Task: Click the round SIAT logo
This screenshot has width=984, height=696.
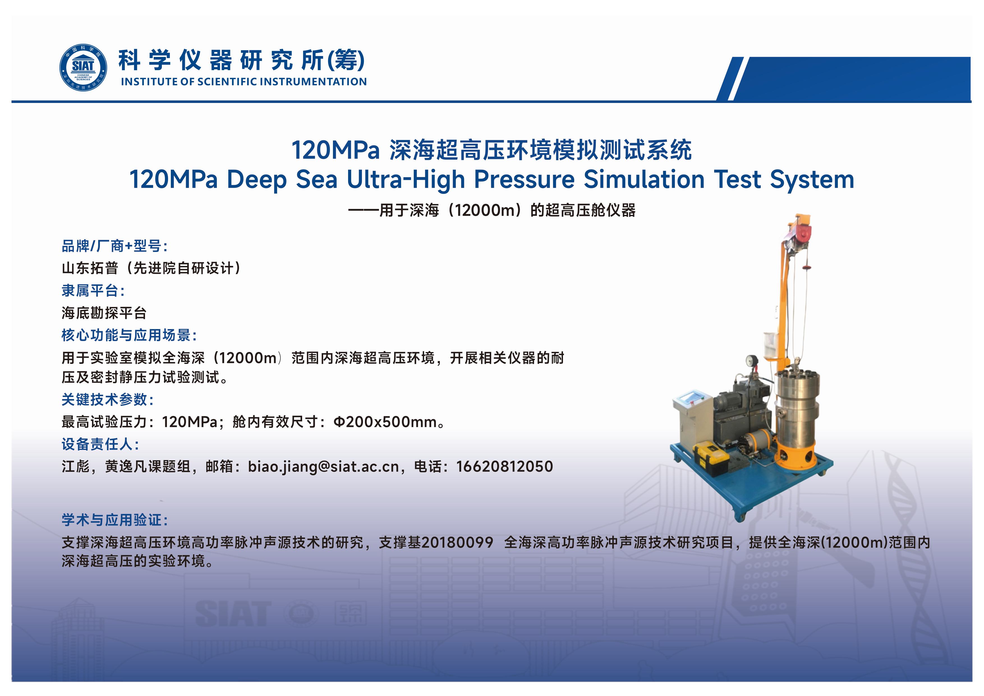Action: coord(83,68)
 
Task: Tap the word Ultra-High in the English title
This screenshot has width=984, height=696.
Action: coord(405,179)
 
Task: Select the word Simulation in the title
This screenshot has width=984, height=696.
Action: coord(644,179)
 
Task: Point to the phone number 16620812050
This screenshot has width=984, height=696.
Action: coord(504,466)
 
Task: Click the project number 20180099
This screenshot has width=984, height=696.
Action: coord(457,543)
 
